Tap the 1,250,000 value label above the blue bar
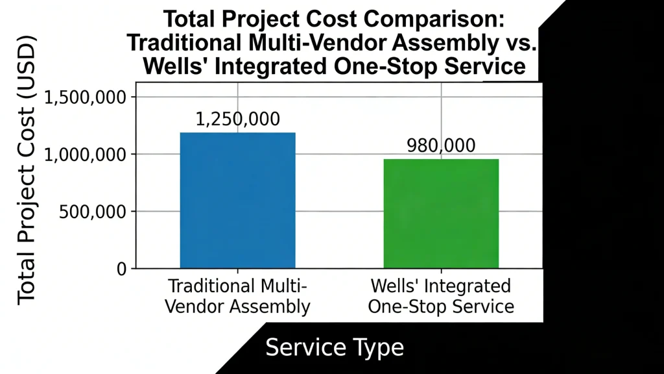click(237, 119)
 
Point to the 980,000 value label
click(441, 146)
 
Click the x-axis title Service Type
click(335, 347)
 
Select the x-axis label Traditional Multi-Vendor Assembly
click(237, 296)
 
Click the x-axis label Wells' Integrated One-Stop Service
click(441, 296)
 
